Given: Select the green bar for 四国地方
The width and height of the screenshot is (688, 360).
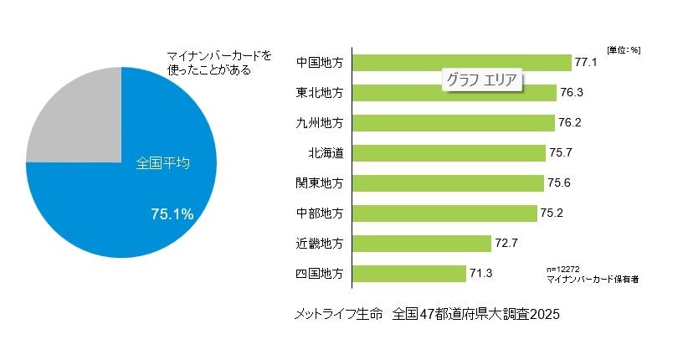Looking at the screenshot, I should pos(409,274).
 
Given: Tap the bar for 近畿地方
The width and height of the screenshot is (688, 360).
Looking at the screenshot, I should pos(422,244).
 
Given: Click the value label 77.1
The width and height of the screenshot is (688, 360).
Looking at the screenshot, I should pos(585,63).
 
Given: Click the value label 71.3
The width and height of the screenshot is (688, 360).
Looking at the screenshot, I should pos(481,274).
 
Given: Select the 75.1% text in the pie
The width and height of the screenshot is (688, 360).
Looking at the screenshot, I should pos(172,214).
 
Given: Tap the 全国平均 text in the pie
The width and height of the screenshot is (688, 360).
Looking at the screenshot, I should pos(162,163).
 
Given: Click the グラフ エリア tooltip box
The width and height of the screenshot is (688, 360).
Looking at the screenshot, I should pos(481,81).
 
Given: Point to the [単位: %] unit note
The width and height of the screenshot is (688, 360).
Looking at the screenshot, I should pos(624,49).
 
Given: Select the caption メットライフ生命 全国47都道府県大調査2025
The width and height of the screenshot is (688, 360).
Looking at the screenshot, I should pos(426,315).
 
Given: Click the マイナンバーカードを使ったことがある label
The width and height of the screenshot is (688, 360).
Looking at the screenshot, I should pos(219,61).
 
